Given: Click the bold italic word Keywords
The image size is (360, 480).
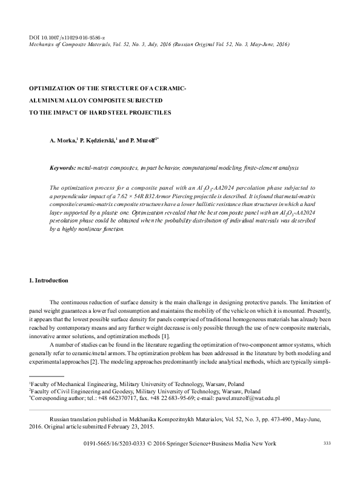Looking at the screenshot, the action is (62, 167).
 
